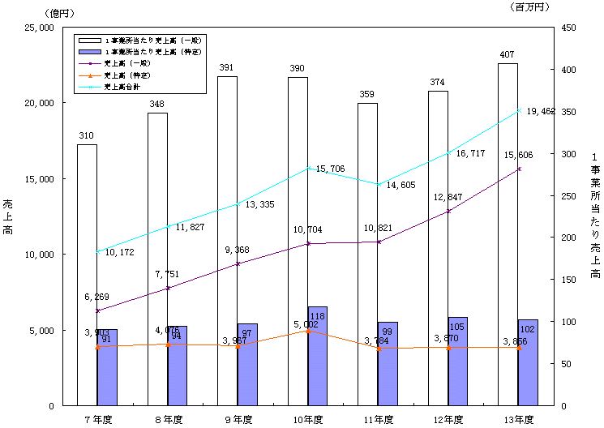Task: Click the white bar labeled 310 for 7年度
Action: click(x=87, y=276)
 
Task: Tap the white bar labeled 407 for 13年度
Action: click(x=508, y=235)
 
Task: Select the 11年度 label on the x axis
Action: click(x=378, y=419)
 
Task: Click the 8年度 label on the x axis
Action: click(x=168, y=419)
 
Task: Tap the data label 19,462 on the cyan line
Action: click(x=541, y=111)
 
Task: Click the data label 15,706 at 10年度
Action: click(x=331, y=169)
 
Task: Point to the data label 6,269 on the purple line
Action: click(x=98, y=297)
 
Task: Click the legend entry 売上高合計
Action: click(x=129, y=86)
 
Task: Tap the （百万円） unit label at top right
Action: click(x=532, y=7)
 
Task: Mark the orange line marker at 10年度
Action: click(x=308, y=331)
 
